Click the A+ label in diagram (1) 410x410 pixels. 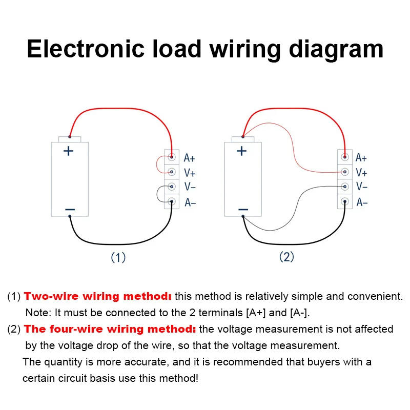189,158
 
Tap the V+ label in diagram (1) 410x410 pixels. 189,173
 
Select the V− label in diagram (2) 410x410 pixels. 362,187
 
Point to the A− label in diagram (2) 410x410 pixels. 362,202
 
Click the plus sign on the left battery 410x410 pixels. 68,151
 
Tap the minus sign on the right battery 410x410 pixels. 243,210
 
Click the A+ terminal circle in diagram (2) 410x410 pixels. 345,157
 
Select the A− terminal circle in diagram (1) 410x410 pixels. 172,202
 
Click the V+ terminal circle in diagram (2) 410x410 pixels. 345,172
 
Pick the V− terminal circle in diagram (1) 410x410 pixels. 172,187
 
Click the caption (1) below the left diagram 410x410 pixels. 118,257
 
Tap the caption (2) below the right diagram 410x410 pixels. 286,257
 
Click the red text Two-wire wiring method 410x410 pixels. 98,296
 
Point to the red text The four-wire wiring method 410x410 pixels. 110,329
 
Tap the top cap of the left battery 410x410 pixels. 70,139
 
